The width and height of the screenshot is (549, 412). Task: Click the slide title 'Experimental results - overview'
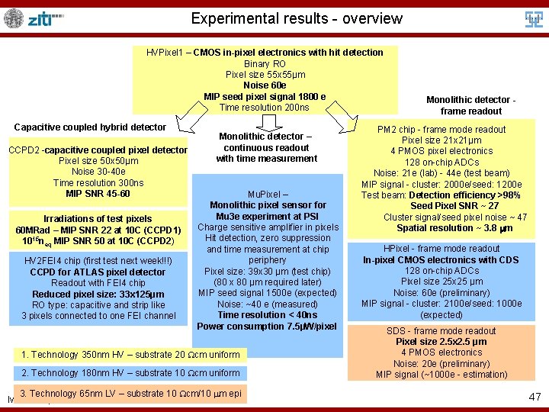point(297,18)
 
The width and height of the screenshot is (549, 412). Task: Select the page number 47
point(535,397)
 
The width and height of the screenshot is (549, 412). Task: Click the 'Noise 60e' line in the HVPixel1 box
point(265,85)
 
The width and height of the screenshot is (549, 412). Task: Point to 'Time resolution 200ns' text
point(265,108)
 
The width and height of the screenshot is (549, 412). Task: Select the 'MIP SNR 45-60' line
point(98,193)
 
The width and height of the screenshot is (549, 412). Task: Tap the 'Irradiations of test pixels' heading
point(98,219)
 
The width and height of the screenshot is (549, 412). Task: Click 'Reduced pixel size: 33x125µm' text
point(98,295)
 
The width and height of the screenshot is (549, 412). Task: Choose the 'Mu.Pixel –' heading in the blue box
point(268,194)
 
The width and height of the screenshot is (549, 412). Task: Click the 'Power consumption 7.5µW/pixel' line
point(267,327)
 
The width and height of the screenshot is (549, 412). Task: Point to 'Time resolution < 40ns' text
point(268,315)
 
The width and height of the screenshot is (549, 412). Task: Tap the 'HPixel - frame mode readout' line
point(442,249)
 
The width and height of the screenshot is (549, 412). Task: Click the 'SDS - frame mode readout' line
point(441,331)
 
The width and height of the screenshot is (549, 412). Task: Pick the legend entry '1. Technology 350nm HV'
point(130,354)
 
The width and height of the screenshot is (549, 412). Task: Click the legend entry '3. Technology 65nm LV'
point(131,393)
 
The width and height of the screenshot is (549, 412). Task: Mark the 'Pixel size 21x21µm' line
point(442,140)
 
